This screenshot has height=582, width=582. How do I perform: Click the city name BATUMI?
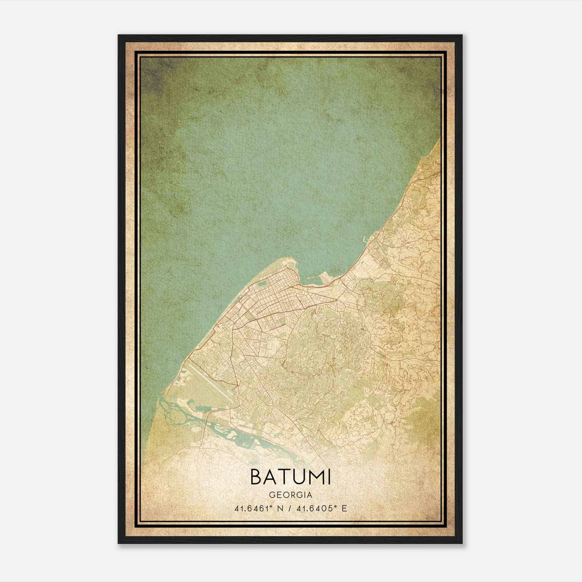(291, 477)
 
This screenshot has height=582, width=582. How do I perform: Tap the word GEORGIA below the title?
(291, 495)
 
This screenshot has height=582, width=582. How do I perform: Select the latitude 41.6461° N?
(258, 508)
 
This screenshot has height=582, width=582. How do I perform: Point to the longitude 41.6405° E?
(320, 508)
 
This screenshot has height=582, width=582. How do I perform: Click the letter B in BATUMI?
(257, 477)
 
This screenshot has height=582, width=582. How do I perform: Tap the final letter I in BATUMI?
(329, 477)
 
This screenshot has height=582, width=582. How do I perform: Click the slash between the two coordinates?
(290, 508)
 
